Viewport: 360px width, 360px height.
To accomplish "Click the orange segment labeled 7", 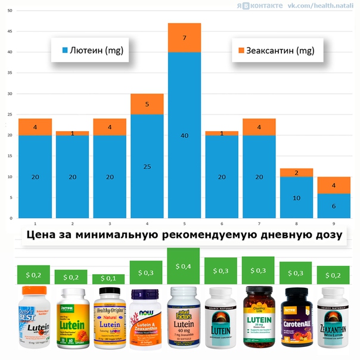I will pyautogui.click(x=184, y=38).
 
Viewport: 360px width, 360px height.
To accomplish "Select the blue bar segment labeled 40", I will pyautogui.click(x=184, y=135).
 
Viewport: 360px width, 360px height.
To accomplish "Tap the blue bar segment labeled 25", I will pyautogui.click(x=147, y=166).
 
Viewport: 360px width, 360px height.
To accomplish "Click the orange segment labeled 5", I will pyautogui.click(x=147, y=104).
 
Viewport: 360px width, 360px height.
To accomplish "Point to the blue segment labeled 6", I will pyautogui.click(x=334, y=206).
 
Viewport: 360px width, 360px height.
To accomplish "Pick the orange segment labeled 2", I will pyautogui.click(x=296, y=172).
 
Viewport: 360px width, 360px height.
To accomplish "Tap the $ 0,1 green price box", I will pyautogui.click(x=108, y=279).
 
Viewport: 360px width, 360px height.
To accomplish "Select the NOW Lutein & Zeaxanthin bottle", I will pyautogui.click(x=146, y=321).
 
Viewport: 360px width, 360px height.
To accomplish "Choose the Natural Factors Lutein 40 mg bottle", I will pyautogui.click(x=184, y=319).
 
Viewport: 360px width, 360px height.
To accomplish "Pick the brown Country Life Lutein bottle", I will pyautogui.click(x=259, y=319).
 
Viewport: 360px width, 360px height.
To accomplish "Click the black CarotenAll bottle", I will pyautogui.click(x=296, y=321).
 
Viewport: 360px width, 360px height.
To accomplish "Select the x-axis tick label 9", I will pyautogui.click(x=334, y=222).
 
